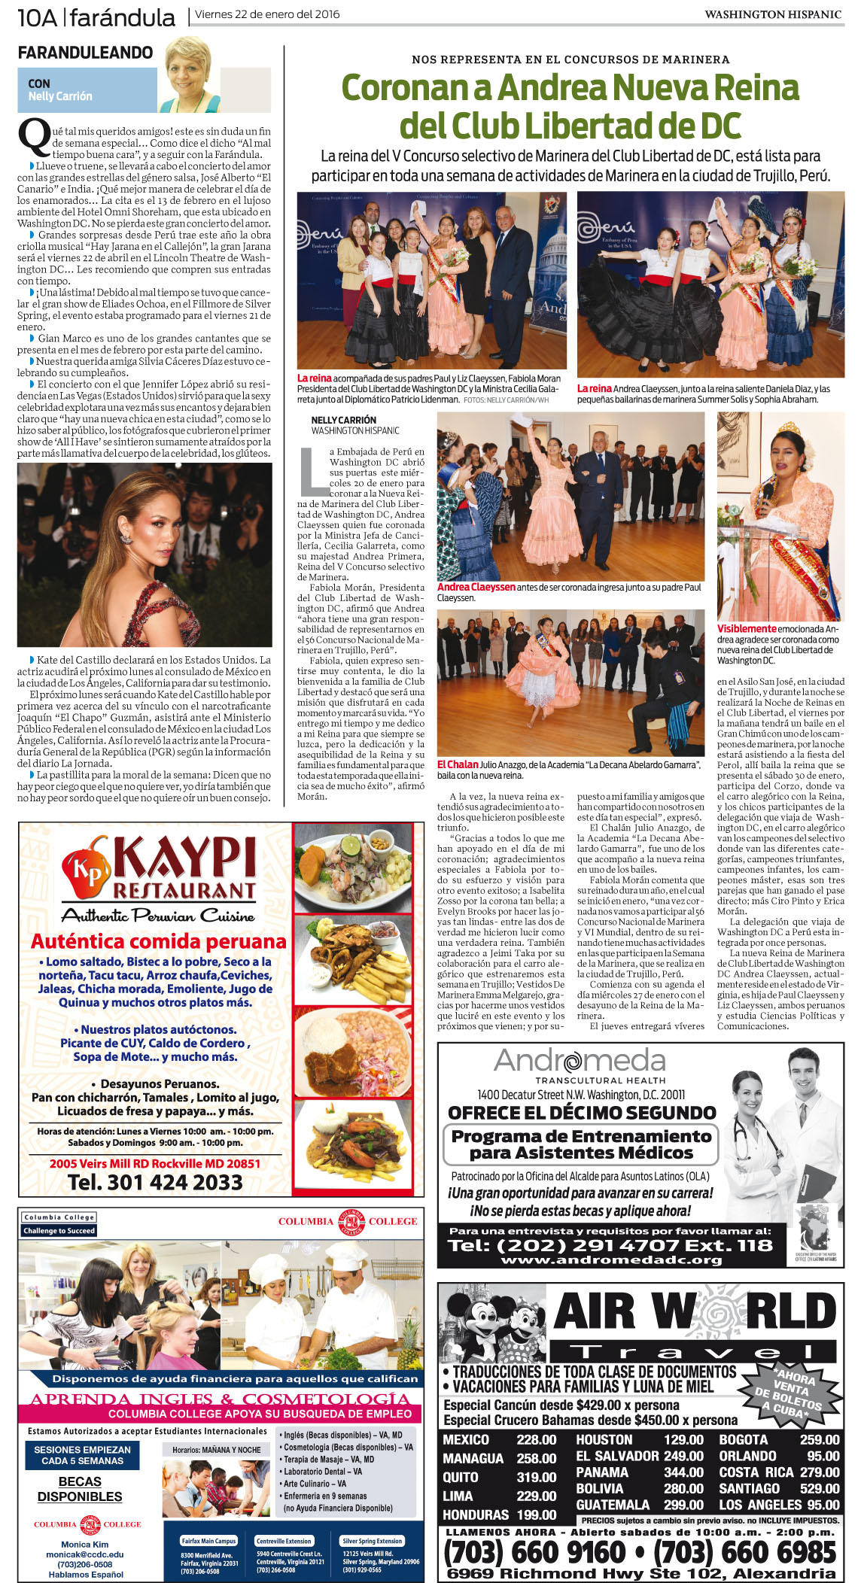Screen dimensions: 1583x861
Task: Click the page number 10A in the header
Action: click(x=37, y=17)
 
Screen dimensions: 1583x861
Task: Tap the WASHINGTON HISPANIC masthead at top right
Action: click(x=772, y=14)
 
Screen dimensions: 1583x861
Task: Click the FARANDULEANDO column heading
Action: click(x=85, y=53)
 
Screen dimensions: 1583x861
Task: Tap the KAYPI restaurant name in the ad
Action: click(x=185, y=859)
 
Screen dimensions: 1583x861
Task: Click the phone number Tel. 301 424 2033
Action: click(x=155, y=1182)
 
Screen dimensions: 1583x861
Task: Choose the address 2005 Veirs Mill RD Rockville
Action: click(x=155, y=1163)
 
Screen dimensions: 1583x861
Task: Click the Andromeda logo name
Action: click(x=579, y=1061)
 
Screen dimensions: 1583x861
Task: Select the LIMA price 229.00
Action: click(x=536, y=1496)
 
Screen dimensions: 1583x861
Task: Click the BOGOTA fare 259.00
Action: click(x=820, y=1439)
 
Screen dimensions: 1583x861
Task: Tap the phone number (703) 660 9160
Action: click(x=535, y=1551)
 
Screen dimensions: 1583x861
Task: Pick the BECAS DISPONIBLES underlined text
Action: click(x=80, y=1489)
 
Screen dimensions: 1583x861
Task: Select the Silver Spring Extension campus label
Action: click(x=372, y=1540)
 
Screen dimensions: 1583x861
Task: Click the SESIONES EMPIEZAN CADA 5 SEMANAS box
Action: click(x=82, y=1454)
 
